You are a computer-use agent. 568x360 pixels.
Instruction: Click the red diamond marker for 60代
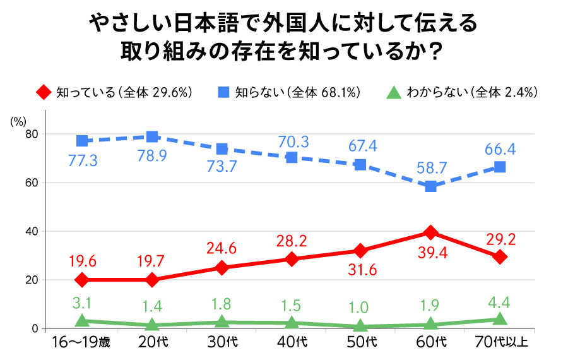point(430,232)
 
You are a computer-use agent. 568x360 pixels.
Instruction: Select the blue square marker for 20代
point(152,136)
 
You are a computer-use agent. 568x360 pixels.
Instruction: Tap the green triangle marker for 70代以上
point(500,320)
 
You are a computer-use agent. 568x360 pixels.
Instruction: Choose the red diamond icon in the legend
point(43,92)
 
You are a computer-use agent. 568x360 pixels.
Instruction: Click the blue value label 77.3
point(83,162)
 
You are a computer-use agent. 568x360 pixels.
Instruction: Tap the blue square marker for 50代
point(360,165)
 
